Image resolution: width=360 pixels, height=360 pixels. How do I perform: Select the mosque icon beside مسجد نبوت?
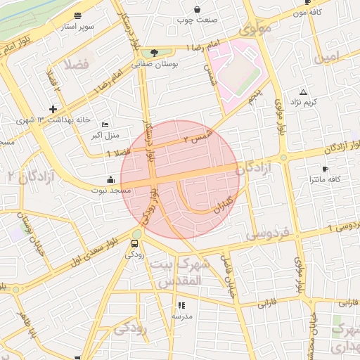(110, 179)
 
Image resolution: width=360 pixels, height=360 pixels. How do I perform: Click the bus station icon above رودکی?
(134, 243)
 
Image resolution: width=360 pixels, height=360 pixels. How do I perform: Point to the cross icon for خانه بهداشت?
(53, 108)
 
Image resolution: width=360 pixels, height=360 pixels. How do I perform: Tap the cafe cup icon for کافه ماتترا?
(325, 169)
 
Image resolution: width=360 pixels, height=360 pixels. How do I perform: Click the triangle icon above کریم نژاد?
(304, 92)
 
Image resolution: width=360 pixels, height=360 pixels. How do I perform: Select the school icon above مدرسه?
(181, 306)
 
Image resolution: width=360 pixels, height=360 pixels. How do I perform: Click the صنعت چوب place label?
(198, 20)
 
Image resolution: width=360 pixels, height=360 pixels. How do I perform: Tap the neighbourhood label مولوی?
(254, 30)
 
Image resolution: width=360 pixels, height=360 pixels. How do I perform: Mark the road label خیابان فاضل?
(228, 275)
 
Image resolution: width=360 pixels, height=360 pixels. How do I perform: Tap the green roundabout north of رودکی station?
(136, 233)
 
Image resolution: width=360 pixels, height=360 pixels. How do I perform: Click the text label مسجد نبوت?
(110, 190)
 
